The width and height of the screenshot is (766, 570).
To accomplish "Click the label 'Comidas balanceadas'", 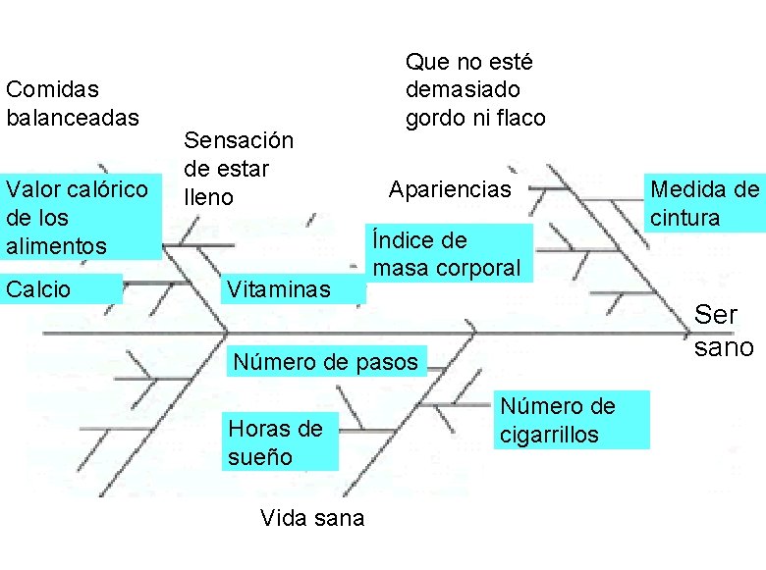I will [72, 103].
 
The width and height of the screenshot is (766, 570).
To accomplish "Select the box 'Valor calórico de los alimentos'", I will [79, 217].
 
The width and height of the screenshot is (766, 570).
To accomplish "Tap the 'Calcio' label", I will [61, 288].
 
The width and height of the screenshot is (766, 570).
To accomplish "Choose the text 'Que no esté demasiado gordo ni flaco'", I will [475, 90].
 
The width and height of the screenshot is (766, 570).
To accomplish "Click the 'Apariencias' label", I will [450, 188].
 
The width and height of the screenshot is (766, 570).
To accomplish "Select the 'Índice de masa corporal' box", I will [447, 254].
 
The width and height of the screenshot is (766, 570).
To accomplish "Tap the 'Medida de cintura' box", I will [704, 203].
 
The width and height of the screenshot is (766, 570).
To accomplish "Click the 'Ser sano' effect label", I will [724, 331].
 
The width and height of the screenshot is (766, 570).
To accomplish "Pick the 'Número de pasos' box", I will [325, 362].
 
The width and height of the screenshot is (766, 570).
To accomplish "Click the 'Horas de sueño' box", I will [279, 442].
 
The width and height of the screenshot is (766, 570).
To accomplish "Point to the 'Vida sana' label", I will [311, 518].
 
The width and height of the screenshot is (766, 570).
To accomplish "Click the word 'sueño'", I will [259, 456].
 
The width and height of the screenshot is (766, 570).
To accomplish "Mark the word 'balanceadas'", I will [72, 117].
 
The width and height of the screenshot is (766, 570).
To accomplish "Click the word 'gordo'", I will [436, 118].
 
